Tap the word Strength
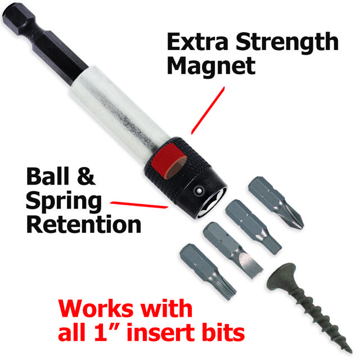(287, 44)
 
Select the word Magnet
(211, 66)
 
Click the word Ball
(48, 176)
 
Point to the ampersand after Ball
(86, 176)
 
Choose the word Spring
(64, 202)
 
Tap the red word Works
(97, 308)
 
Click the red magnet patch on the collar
(169, 161)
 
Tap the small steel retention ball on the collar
(198, 190)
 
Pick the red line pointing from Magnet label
(208, 110)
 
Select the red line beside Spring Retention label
(139, 205)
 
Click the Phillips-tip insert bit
(276, 203)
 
